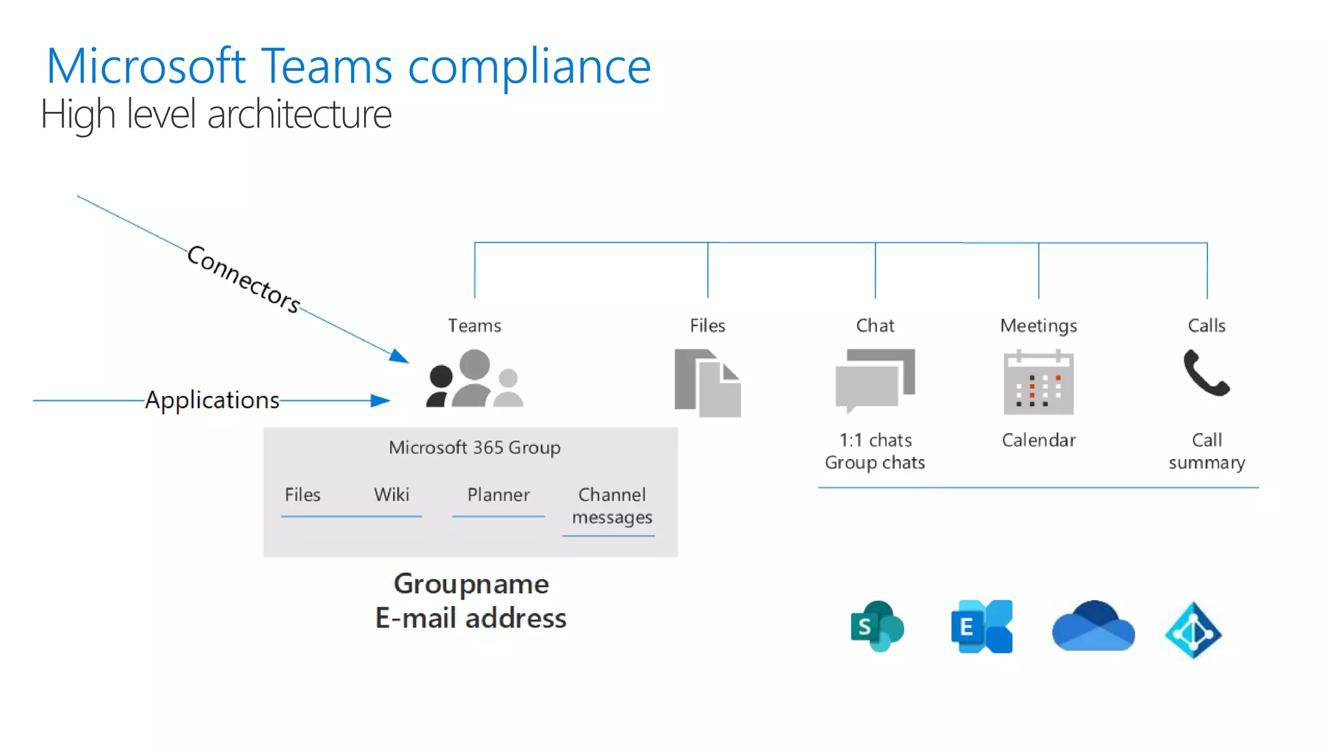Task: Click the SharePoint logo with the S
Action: [876, 626]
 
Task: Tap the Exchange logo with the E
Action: [981, 626]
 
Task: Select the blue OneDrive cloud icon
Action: [1093, 627]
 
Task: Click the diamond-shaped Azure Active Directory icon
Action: [1193, 629]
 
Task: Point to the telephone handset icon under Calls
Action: [1206, 373]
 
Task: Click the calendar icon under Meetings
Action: [1038, 382]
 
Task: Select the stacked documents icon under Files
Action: [707, 383]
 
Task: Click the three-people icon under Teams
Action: [474, 379]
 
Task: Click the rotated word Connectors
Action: [244, 279]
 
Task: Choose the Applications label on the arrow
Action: [212, 400]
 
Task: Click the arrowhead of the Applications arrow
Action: [381, 401]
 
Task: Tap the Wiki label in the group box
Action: [391, 495]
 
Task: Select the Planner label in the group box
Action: [498, 495]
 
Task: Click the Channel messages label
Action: [612, 506]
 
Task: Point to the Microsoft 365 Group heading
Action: [474, 447]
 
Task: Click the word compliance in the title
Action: [529, 67]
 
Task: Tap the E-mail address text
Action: [471, 618]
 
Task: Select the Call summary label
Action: [1206, 451]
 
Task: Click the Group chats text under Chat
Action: [874, 462]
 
